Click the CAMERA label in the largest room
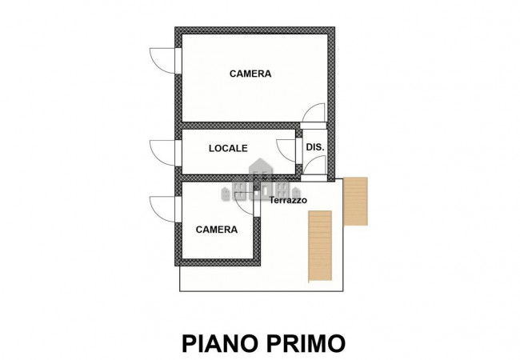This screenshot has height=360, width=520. click(250, 74)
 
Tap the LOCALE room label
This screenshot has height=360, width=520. click(228, 148)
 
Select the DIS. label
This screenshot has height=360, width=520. click(314, 147)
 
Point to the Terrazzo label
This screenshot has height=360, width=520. click(287, 200)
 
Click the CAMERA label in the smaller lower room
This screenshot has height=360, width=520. click(216, 230)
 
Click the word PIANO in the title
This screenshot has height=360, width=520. click(217, 343)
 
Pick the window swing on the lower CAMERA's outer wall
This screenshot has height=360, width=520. click(163, 209)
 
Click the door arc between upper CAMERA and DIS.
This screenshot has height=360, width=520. click(317, 114)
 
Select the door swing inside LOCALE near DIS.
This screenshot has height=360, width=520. click(286, 150)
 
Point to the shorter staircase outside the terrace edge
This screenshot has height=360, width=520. click(354, 202)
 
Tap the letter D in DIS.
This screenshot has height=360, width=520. click(310, 147)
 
